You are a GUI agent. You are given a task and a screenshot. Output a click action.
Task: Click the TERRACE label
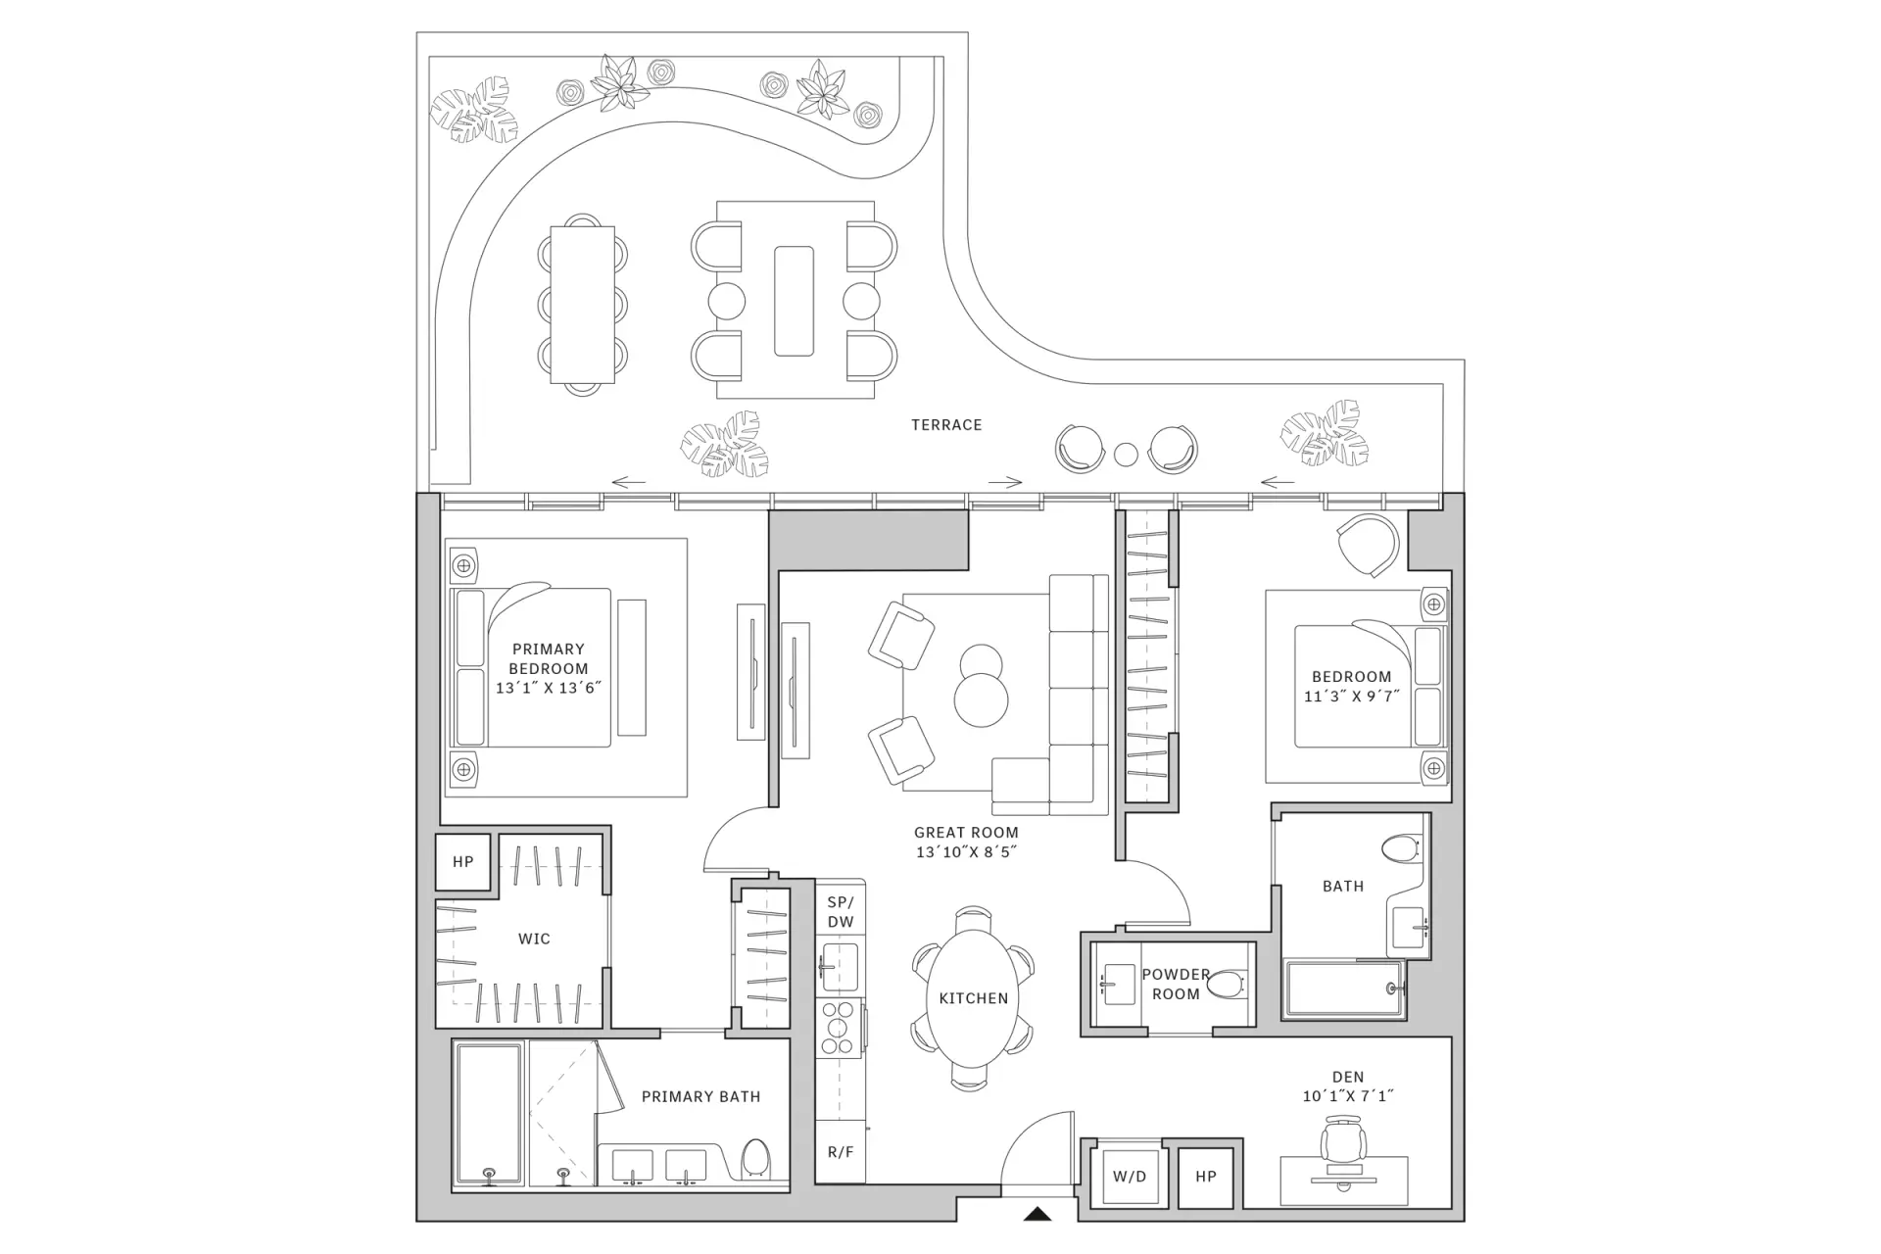pos(946,425)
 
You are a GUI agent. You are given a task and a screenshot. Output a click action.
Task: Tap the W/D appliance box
pos(1130,1176)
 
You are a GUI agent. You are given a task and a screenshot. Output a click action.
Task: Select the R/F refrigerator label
pos(841,1152)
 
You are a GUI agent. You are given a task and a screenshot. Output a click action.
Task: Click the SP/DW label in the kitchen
pos(841,912)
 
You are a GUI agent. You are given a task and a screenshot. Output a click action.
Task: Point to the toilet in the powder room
pos(1226,985)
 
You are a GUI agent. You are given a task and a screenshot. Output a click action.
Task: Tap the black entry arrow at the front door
pos(1037,1215)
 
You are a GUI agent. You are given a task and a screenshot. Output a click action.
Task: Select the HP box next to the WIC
pos(463,862)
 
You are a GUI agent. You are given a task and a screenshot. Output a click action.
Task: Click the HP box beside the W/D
pos(1206,1177)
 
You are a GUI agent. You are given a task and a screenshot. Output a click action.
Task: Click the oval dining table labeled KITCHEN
pos(973,998)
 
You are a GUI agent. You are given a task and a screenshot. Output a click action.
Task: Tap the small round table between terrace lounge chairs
pos(1127,455)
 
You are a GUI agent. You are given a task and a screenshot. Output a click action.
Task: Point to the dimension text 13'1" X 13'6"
pos(549,688)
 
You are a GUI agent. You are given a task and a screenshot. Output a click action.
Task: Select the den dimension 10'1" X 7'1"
pos(1348,1096)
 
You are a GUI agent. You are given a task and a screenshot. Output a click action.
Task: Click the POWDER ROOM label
pos(1176,985)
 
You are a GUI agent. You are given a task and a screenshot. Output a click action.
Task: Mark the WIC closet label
pos(534,940)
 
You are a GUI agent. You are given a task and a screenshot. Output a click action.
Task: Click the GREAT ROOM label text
pos(966,833)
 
